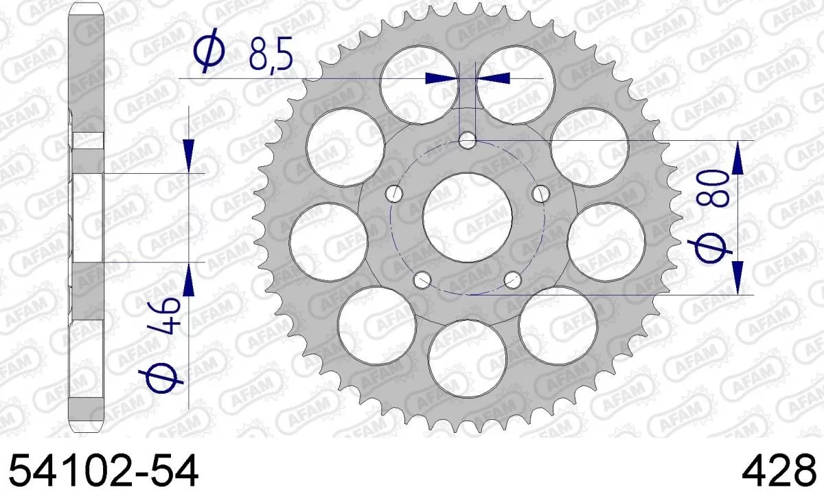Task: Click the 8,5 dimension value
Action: click(x=271, y=53)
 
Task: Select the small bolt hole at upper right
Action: click(x=540, y=193)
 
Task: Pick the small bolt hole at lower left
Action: click(x=423, y=279)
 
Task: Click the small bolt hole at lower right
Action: click(x=512, y=279)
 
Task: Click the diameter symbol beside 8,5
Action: click(x=209, y=53)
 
